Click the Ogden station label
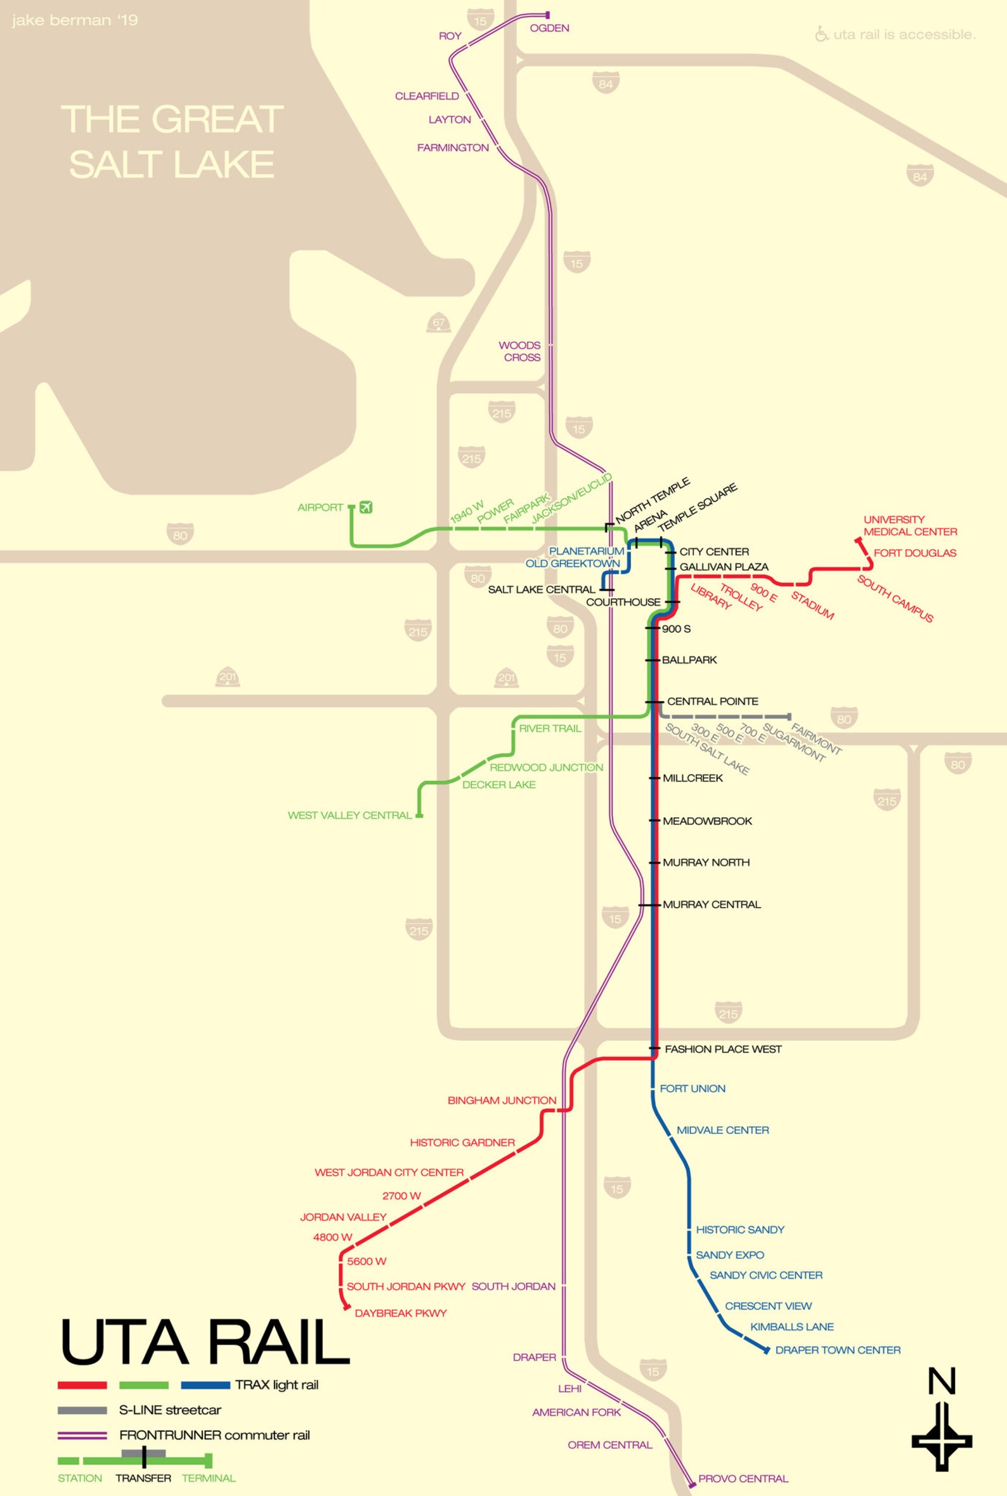coord(549,29)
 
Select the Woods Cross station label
coord(520,351)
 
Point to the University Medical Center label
coord(909,525)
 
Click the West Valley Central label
coord(349,815)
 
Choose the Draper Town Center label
coord(838,1349)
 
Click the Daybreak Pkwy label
coord(400,1313)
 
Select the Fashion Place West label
coord(723,1049)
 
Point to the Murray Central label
coord(711,905)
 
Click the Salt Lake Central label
coord(542,589)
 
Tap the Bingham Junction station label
coord(502,1100)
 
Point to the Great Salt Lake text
coord(171,142)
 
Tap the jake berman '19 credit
coord(74,21)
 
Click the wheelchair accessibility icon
coord(821,34)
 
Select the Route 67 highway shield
coord(439,323)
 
